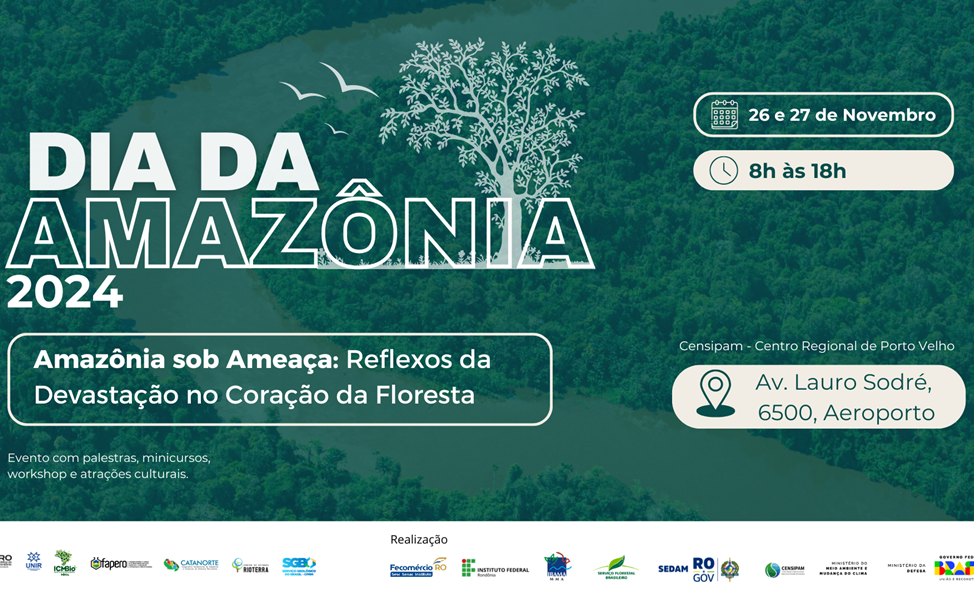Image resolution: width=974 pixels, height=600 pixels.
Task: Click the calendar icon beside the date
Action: [x=724, y=115]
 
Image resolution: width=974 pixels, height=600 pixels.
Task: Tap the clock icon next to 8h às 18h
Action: [x=723, y=171]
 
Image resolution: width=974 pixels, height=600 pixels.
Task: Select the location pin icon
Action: [x=715, y=393]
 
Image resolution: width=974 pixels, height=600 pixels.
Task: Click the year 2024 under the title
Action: [x=64, y=292]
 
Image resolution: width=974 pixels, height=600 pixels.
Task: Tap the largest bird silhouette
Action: [x=347, y=81]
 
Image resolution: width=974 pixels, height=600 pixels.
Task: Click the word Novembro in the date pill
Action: [x=888, y=115]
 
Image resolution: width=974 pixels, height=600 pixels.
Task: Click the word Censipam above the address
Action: [x=712, y=346]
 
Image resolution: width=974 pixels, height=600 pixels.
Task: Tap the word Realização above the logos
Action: [x=419, y=540]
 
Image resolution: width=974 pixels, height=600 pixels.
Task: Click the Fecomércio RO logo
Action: [x=418, y=568]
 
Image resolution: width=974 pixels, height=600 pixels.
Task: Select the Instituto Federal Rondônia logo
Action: [x=495, y=568]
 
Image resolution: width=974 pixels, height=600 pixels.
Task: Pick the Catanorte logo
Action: [x=191, y=564]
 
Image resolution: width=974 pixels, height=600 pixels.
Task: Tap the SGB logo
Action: [x=299, y=564]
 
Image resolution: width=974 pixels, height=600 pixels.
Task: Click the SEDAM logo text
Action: [x=673, y=569]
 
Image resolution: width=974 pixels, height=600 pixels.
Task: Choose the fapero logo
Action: [x=120, y=564]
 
